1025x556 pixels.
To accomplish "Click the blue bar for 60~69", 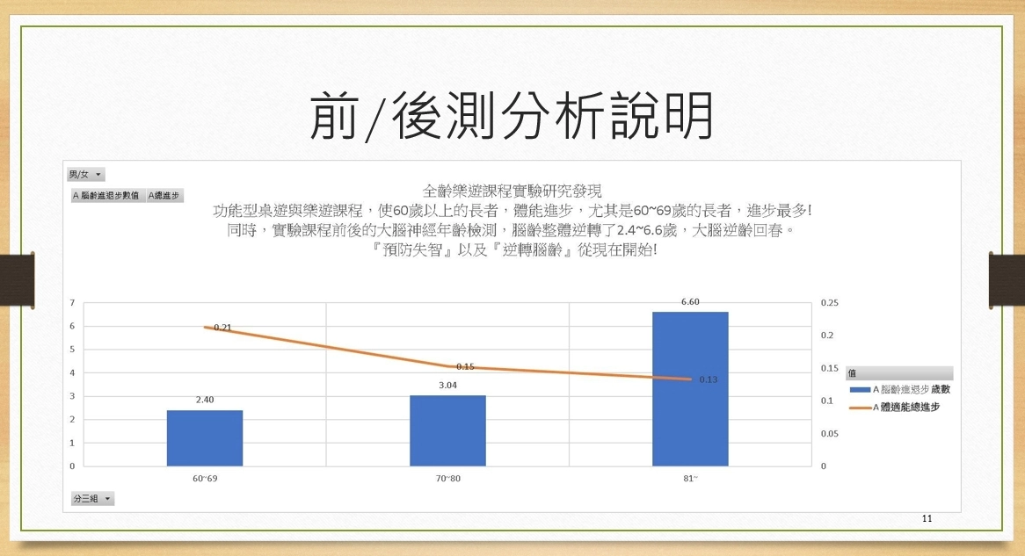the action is tap(205, 437).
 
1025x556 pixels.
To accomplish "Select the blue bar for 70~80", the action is tap(447, 430).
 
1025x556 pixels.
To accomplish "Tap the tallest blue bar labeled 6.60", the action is tap(690, 389).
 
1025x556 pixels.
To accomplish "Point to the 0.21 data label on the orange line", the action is tap(223, 328).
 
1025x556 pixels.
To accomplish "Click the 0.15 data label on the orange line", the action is tap(465, 366).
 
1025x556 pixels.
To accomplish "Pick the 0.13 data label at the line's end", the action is tap(708, 379).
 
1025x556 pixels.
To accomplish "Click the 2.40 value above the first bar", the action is tap(205, 400).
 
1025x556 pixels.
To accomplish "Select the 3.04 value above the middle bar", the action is tap(447, 386).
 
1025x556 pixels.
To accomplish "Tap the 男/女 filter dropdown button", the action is tap(85, 175).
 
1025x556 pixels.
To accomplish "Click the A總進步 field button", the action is tap(164, 195).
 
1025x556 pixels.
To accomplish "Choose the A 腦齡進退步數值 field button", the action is tap(106, 195).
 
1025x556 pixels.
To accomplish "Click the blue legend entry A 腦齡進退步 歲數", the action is tap(899, 389).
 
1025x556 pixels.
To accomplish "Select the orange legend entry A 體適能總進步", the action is tap(894, 407).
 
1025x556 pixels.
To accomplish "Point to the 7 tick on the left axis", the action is tap(73, 302).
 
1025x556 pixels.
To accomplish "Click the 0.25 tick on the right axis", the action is tap(830, 302).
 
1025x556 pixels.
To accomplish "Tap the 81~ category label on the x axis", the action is tap(690, 478).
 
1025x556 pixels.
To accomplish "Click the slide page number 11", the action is tap(927, 518).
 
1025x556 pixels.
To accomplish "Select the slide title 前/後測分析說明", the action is tap(512, 116).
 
